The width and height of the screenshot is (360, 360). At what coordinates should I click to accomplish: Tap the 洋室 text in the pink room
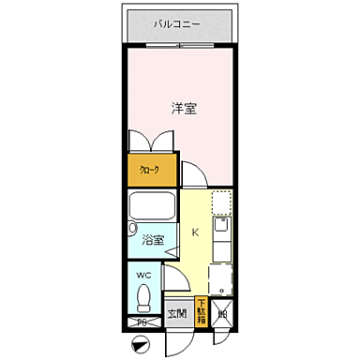[x=184, y=108]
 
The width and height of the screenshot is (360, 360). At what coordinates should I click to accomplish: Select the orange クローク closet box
[x=149, y=170]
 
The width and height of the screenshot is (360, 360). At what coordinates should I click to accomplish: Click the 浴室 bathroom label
[x=152, y=240]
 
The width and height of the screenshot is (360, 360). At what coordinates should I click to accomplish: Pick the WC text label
[x=143, y=274]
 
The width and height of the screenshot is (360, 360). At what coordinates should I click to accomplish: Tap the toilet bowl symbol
[x=143, y=297]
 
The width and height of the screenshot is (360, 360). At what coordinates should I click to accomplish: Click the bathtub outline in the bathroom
[x=152, y=207]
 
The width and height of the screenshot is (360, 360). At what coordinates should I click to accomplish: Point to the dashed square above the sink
[x=220, y=202]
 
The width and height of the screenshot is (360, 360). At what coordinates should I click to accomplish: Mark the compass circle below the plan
[x=141, y=344]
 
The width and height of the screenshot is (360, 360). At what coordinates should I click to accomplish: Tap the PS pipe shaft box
[x=142, y=322]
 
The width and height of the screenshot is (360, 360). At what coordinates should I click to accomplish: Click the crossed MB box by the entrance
[x=222, y=314]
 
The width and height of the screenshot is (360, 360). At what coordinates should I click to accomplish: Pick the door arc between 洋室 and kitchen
[x=192, y=174]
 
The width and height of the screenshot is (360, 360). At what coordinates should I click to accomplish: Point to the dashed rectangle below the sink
[x=220, y=277]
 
